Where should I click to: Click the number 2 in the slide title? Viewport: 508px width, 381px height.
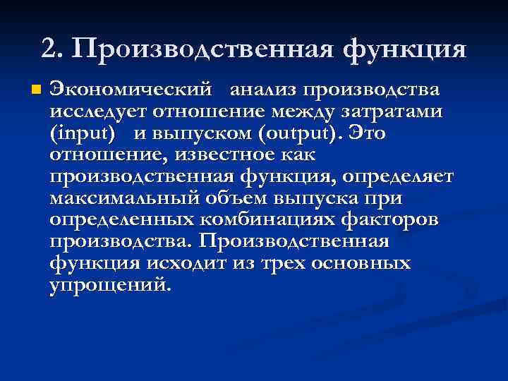tap(49, 48)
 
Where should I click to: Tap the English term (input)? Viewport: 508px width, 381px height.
tap(83, 133)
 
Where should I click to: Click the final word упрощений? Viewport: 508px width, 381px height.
tap(111, 285)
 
